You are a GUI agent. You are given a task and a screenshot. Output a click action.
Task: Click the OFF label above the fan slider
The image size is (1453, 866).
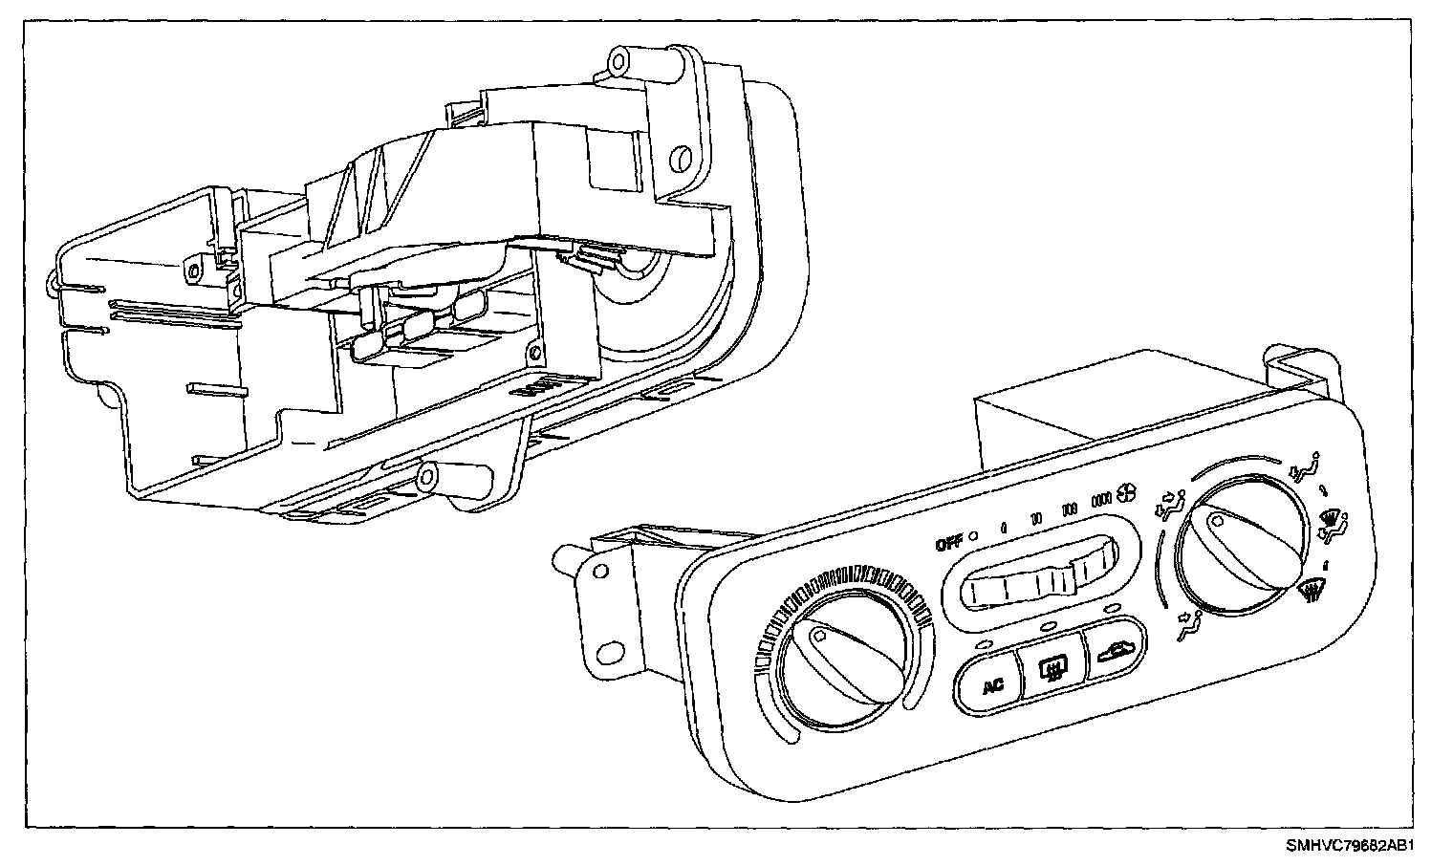(x=948, y=544)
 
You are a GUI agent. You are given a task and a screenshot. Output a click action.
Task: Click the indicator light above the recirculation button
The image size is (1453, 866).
(x=1110, y=610)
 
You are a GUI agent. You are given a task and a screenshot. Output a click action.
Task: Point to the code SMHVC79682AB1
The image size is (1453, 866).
(x=1349, y=845)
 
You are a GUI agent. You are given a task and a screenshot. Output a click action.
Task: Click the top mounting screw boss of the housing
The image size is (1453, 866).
(x=618, y=61)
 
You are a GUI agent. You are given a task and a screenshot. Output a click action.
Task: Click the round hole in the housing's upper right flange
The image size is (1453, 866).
(x=681, y=156)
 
